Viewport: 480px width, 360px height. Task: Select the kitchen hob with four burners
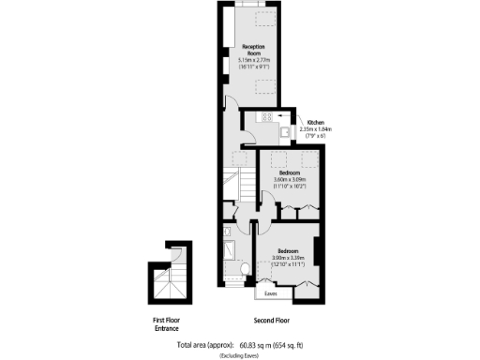[267, 117]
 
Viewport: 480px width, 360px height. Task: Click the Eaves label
[270, 294]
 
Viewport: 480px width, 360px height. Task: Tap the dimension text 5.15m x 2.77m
[253, 60]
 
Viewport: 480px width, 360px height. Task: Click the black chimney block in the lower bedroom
[318, 252]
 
